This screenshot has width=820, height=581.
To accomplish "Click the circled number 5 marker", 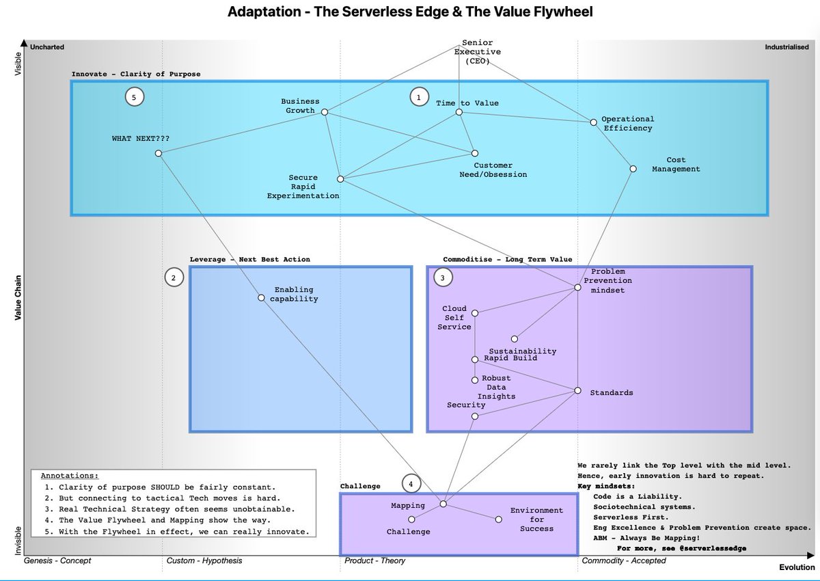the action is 135,97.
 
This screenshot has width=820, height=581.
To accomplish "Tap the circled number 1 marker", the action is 419,97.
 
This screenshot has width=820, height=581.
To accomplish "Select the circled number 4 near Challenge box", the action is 411,484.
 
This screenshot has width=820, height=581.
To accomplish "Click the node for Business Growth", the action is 325,112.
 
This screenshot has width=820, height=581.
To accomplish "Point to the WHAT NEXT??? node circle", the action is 158,153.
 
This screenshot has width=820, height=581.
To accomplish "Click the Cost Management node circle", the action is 633,169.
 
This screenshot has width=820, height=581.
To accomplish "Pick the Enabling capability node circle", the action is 261,297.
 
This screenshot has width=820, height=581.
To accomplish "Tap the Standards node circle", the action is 577,390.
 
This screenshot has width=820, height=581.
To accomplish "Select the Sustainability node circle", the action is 515,338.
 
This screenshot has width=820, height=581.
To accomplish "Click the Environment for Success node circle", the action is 498,519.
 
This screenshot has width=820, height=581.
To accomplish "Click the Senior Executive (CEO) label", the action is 478,52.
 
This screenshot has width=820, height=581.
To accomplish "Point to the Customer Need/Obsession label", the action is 493,170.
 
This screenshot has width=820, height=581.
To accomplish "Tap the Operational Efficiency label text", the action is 628,123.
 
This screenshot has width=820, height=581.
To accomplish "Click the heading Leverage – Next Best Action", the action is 249,259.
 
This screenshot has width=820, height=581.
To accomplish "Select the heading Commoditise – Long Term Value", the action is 507,259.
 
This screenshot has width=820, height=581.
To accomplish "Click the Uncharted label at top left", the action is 47,47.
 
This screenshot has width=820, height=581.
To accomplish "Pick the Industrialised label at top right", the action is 787,47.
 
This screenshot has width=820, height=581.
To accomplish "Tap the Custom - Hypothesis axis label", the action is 204,560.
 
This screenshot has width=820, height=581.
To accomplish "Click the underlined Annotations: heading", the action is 70,476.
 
